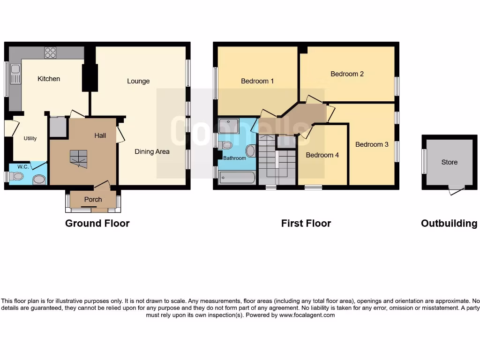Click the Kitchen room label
click(x=49, y=79)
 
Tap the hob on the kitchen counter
click(x=50, y=53)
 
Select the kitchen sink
click(x=15, y=73)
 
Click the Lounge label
click(x=138, y=81)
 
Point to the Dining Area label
click(x=152, y=151)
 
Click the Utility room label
click(x=30, y=139)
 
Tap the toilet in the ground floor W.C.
click(x=17, y=176)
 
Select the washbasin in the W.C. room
click(x=40, y=180)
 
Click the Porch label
click(x=93, y=200)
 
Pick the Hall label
click(x=100, y=135)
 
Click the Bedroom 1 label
click(x=257, y=81)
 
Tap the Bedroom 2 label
click(x=347, y=74)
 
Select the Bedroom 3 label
click(x=372, y=144)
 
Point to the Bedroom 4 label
click(x=322, y=155)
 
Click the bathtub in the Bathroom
click(x=237, y=178)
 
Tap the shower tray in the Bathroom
click(x=229, y=125)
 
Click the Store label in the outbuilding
click(x=449, y=162)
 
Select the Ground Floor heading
click(x=97, y=224)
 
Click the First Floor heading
click(x=306, y=224)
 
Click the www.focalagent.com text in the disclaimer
click(x=307, y=315)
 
